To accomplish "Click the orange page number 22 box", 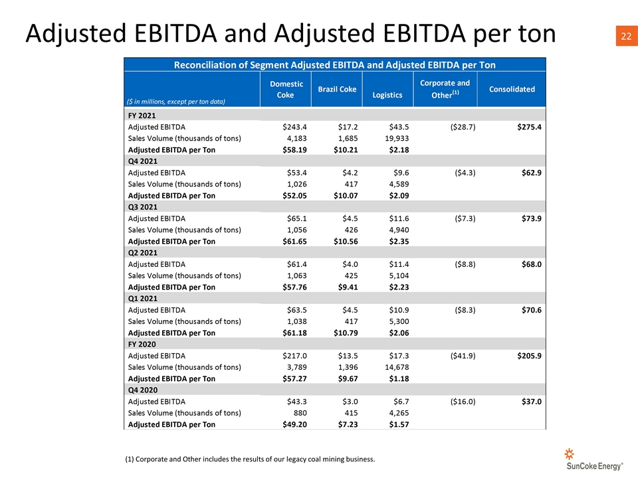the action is [x=627, y=36].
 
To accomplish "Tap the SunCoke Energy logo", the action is [x=594, y=459].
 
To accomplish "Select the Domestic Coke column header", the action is [x=286, y=90].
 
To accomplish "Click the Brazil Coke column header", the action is [x=337, y=89].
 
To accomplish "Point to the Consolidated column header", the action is [x=512, y=89].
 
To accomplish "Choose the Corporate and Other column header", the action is [x=445, y=89].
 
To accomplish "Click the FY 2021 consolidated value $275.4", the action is [x=530, y=127].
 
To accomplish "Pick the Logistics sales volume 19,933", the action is [x=397, y=138].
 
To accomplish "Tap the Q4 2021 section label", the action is [x=142, y=161].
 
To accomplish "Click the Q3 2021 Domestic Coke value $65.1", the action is [x=296, y=218].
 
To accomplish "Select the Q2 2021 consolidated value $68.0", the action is [x=532, y=264].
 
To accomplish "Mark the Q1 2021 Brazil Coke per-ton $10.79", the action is [x=346, y=333].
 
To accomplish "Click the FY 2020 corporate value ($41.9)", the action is [x=463, y=356].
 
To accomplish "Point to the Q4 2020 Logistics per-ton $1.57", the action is [x=399, y=424].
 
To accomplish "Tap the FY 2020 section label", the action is [x=142, y=345].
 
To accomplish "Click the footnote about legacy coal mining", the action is [x=250, y=459].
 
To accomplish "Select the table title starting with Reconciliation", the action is [x=334, y=65].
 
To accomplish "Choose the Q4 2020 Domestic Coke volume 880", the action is [x=300, y=413].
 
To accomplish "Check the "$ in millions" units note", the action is [x=175, y=102].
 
